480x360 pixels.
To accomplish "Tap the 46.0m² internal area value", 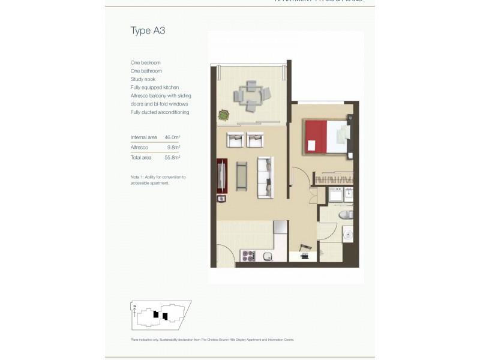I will tap(172, 137).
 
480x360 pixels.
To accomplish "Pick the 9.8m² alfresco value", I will tap(173, 147).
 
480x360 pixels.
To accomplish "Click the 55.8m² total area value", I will tap(172, 157).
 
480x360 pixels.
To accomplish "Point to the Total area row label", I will tap(141, 157).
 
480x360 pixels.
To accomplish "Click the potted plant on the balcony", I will tap(223, 113).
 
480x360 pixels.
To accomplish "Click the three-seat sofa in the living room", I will tap(265, 176).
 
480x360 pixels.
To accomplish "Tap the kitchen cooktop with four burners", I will tap(248, 256).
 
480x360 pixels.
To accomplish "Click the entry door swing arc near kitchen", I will tap(224, 255).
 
